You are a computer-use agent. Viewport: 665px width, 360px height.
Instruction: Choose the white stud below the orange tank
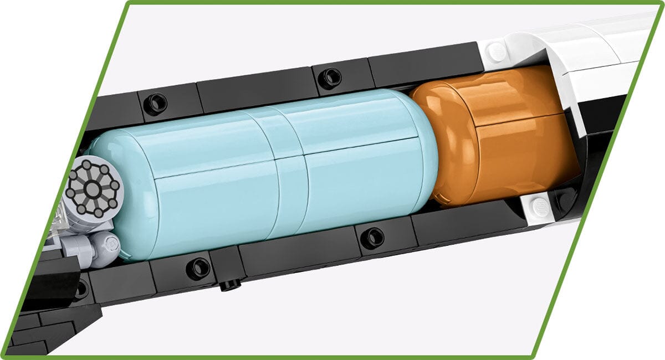(x=538, y=207)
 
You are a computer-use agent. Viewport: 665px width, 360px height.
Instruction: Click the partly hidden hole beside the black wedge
(x=81, y=287)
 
